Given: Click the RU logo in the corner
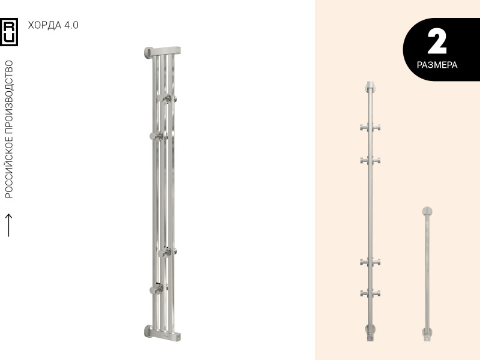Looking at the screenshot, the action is click(9, 32).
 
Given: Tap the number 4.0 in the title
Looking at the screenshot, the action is click(71, 25).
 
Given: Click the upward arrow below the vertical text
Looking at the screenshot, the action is click(9, 225).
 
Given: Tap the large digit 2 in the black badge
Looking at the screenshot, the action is click(437, 41).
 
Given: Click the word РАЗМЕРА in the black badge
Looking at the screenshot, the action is click(437, 65).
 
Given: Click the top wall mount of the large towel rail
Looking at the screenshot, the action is click(149, 52).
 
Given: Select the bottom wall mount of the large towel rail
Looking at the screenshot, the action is click(148, 331).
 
